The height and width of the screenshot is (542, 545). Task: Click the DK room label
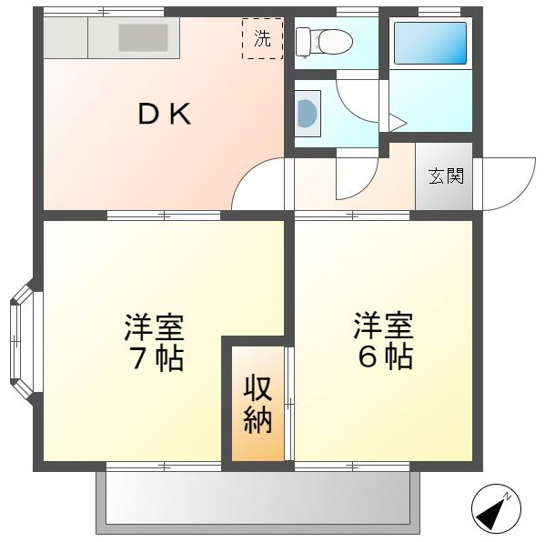coord(165,114)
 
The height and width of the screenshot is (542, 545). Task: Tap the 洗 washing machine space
coord(262,38)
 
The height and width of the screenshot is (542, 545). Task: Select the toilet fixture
coord(324,42)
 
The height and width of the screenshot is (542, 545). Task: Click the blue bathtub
coord(430,43)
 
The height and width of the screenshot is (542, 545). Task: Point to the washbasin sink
coord(308,114)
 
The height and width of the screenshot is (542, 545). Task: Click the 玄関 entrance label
coord(446,176)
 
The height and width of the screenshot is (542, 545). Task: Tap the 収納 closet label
coord(257,405)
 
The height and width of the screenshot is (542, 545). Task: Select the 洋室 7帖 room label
coord(154,342)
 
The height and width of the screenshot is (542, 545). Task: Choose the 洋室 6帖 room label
coord(383,340)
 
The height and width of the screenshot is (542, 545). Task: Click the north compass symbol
coord(496,508)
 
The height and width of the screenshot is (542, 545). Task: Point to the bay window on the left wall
coord(23,341)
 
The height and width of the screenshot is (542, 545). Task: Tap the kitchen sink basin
coord(143,37)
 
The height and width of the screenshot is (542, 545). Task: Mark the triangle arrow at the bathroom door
coord(398,123)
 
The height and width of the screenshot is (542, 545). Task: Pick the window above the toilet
coord(358,12)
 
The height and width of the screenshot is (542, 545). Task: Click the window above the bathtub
coord(439,12)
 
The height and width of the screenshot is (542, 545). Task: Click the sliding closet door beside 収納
coord(289,404)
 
